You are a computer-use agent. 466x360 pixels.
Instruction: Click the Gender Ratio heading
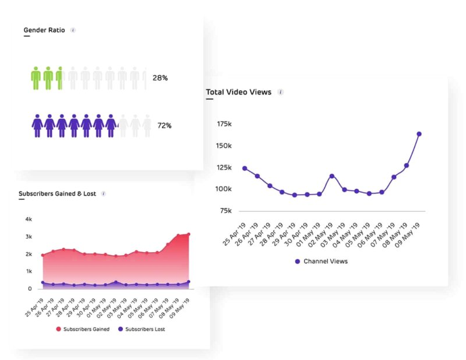[44, 30]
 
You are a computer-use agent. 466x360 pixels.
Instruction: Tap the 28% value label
[160, 78]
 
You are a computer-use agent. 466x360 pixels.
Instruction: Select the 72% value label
[164, 126]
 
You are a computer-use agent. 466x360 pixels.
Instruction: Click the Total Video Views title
[238, 92]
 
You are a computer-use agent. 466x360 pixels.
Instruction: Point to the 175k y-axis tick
[224, 124]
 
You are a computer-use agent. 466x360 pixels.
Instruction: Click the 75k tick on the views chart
[225, 211]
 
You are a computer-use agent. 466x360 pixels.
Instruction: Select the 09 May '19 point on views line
[419, 134]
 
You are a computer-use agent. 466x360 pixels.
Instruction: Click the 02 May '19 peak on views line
[331, 176]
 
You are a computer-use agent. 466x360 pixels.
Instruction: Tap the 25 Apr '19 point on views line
[245, 168]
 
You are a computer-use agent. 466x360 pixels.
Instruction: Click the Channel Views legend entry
[321, 262]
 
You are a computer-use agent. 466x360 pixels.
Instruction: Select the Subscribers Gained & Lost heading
[57, 193]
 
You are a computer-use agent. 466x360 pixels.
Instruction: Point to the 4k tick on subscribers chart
[29, 219]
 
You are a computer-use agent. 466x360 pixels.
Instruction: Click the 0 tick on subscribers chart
[30, 288]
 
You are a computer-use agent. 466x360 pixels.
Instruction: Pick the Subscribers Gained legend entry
[84, 330]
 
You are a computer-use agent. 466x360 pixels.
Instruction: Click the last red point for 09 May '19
[188, 234]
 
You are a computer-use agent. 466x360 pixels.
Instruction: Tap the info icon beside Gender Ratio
[73, 30]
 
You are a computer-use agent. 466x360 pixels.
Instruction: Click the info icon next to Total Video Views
[280, 92]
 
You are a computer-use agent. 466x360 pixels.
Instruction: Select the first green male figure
[36, 78]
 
